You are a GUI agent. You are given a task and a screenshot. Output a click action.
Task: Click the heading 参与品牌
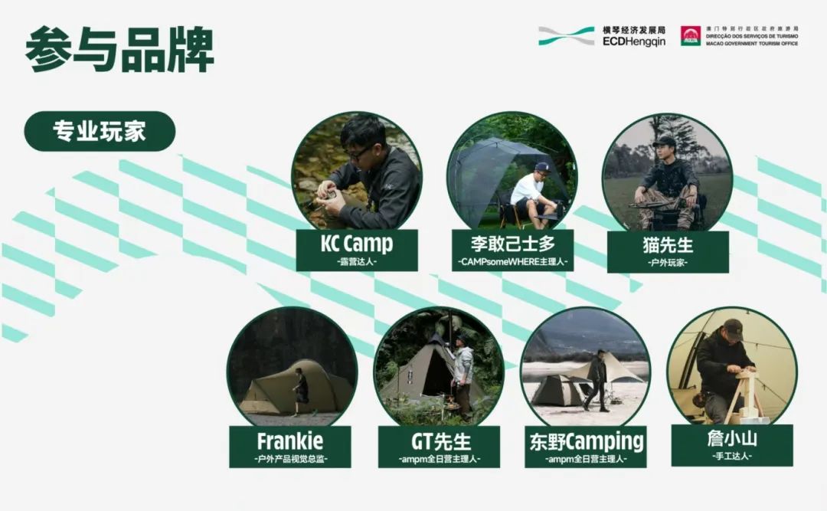(119, 50)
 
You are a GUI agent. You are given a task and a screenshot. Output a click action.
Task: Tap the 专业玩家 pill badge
(100, 131)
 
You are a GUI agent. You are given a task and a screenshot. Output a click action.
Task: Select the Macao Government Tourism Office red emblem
(691, 35)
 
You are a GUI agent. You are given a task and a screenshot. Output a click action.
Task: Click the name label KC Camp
(356, 244)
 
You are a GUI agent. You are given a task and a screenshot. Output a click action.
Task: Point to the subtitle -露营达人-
(356, 262)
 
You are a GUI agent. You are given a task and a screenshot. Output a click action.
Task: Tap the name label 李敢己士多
(512, 245)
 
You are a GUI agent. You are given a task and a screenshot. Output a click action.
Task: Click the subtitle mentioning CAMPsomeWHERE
(512, 262)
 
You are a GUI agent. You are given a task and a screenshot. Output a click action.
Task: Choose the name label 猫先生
(668, 247)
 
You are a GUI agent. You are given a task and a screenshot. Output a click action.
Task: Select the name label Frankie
(290, 441)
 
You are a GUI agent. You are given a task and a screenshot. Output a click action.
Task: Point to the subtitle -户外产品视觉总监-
(290, 459)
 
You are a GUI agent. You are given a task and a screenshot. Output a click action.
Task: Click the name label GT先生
(440, 442)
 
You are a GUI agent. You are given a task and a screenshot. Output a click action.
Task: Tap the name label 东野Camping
(587, 442)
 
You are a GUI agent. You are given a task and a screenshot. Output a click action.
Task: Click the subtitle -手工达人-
(732, 457)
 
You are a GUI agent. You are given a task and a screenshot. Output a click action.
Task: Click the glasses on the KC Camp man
(358, 152)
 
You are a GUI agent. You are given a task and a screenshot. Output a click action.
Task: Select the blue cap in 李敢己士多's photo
(541, 166)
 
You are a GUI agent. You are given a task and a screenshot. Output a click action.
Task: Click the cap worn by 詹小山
(732, 327)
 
